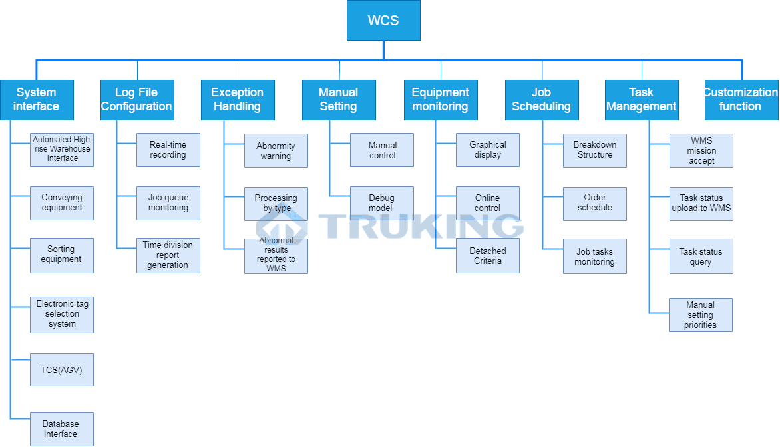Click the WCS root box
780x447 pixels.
click(x=383, y=21)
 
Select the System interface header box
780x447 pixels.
click(x=37, y=100)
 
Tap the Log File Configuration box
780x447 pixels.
click(x=137, y=100)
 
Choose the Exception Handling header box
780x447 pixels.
click(x=238, y=100)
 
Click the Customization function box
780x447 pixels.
click(x=741, y=100)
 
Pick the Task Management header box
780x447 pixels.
click(x=642, y=100)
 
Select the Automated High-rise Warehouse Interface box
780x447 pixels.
click(x=62, y=150)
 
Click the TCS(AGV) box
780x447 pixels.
click(x=62, y=370)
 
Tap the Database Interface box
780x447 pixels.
click(x=62, y=429)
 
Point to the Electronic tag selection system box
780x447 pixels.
click(x=62, y=314)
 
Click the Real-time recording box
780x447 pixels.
click(x=168, y=150)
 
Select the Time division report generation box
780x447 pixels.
click(x=168, y=255)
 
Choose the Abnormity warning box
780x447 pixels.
click(x=276, y=151)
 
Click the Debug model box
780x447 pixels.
click(x=382, y=203)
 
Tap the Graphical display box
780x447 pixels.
click(x=488, y=150)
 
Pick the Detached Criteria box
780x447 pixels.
click(x=488, y=256)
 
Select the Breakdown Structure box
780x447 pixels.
click(x=595, y=150)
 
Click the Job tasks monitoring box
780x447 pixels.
click(x=595, y=256)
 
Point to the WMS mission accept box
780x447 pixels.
click(x=701, y=150)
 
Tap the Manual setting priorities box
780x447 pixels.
click(x=701, y=315)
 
